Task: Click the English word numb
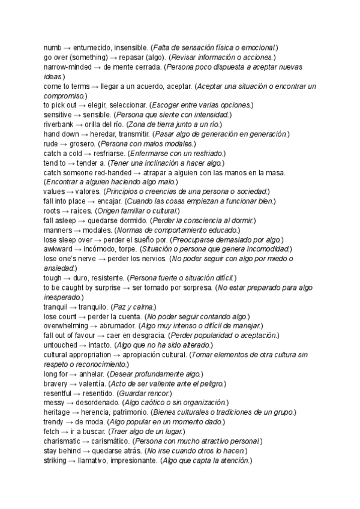[x=53, y=47]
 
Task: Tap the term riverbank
[x=60, y=124]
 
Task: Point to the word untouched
[x=61, y=345]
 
